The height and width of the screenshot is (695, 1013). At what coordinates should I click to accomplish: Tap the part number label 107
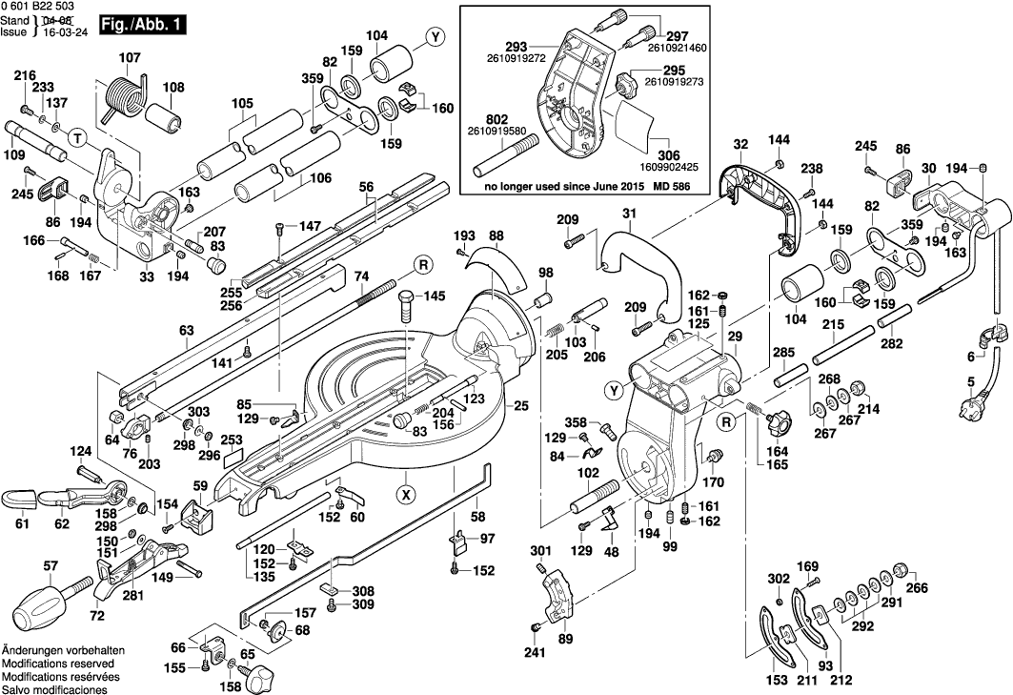[129, 57]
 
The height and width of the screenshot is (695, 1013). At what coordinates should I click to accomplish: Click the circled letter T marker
[80, 138]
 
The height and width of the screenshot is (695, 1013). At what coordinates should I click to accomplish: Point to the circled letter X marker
[406, 494]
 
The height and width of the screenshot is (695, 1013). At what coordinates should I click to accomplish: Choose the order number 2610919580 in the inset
[504, 132]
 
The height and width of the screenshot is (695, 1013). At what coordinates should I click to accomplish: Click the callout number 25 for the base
[520, 407]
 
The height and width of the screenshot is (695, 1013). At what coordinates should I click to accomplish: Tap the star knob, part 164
[780, 418]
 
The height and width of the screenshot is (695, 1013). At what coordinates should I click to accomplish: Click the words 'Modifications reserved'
[58, 663]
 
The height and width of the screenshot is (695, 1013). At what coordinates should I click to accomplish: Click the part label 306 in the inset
[667, 153]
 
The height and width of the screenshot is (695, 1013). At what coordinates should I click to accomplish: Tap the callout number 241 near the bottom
[534, 653]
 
